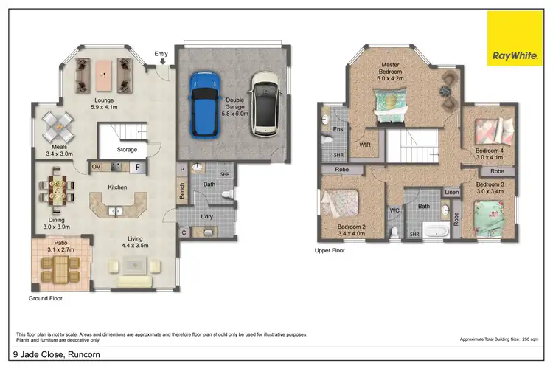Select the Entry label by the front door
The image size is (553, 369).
point(161,54)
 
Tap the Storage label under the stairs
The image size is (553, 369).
point(127,150)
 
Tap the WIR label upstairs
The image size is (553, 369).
point(364,145)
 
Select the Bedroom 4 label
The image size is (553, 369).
point(490,152)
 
